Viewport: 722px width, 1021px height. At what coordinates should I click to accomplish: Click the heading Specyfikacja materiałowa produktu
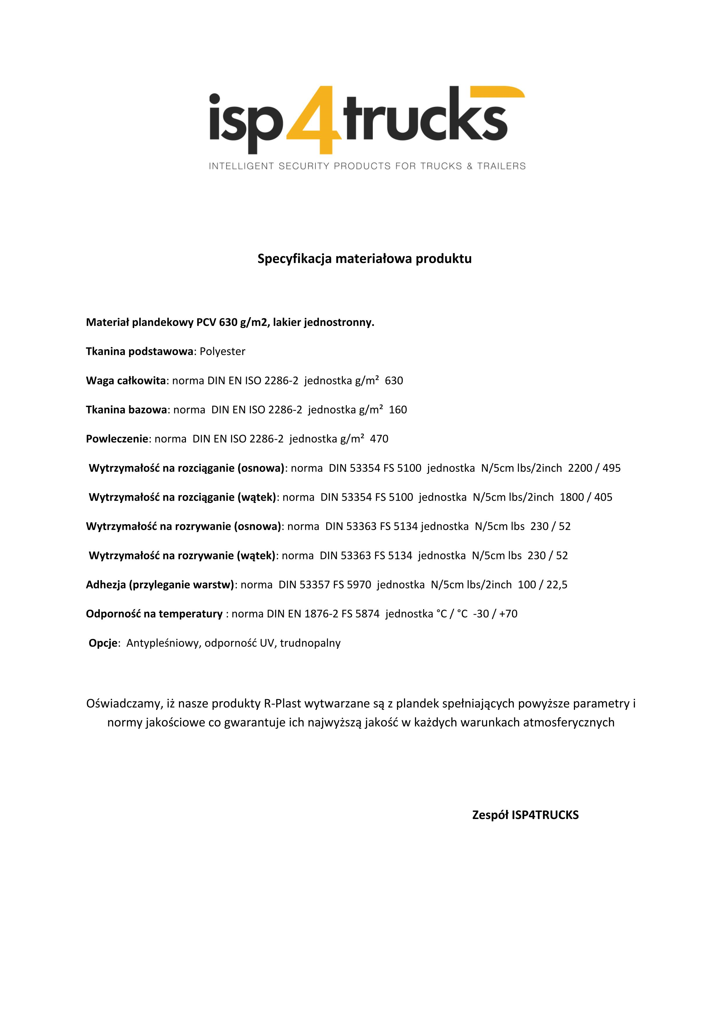pos(365,259)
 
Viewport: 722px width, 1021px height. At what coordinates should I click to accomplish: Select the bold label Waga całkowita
pos(126,381)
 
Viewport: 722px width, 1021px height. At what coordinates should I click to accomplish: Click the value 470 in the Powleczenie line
pos(379,439)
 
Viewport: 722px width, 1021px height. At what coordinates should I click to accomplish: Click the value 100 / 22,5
pos(543,585)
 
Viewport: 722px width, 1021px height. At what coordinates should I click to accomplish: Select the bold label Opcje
pos(103,643)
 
